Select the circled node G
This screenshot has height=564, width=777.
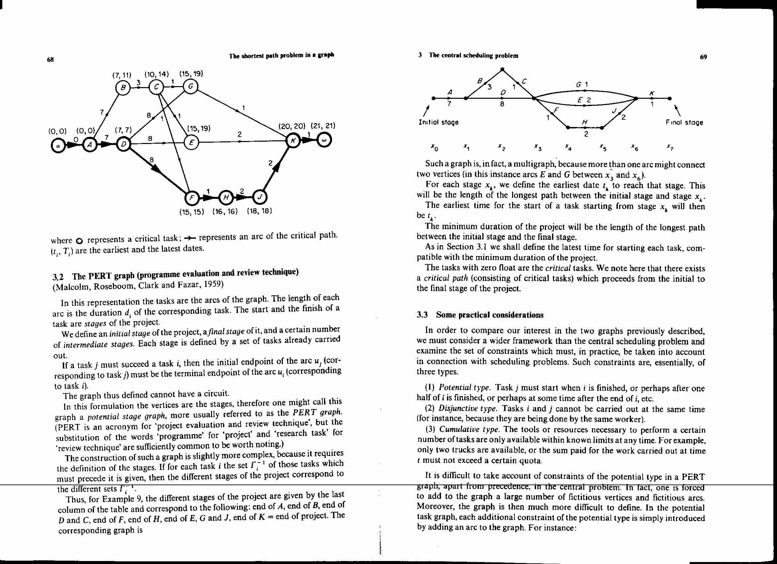(x=190, y=86)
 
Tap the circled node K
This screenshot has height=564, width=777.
(x=293, y=141)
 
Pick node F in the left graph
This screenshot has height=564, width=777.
(x=191, y=198)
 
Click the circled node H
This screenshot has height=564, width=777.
(x=226, y=197)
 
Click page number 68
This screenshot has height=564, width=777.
(x=51, y=59)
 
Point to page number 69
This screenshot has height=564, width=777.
(x=703, y=57)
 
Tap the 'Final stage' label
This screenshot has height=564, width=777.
(x=685, y=122)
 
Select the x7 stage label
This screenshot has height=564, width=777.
(x=670, y=148)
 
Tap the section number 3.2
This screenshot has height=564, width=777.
(x=58, y=277)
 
